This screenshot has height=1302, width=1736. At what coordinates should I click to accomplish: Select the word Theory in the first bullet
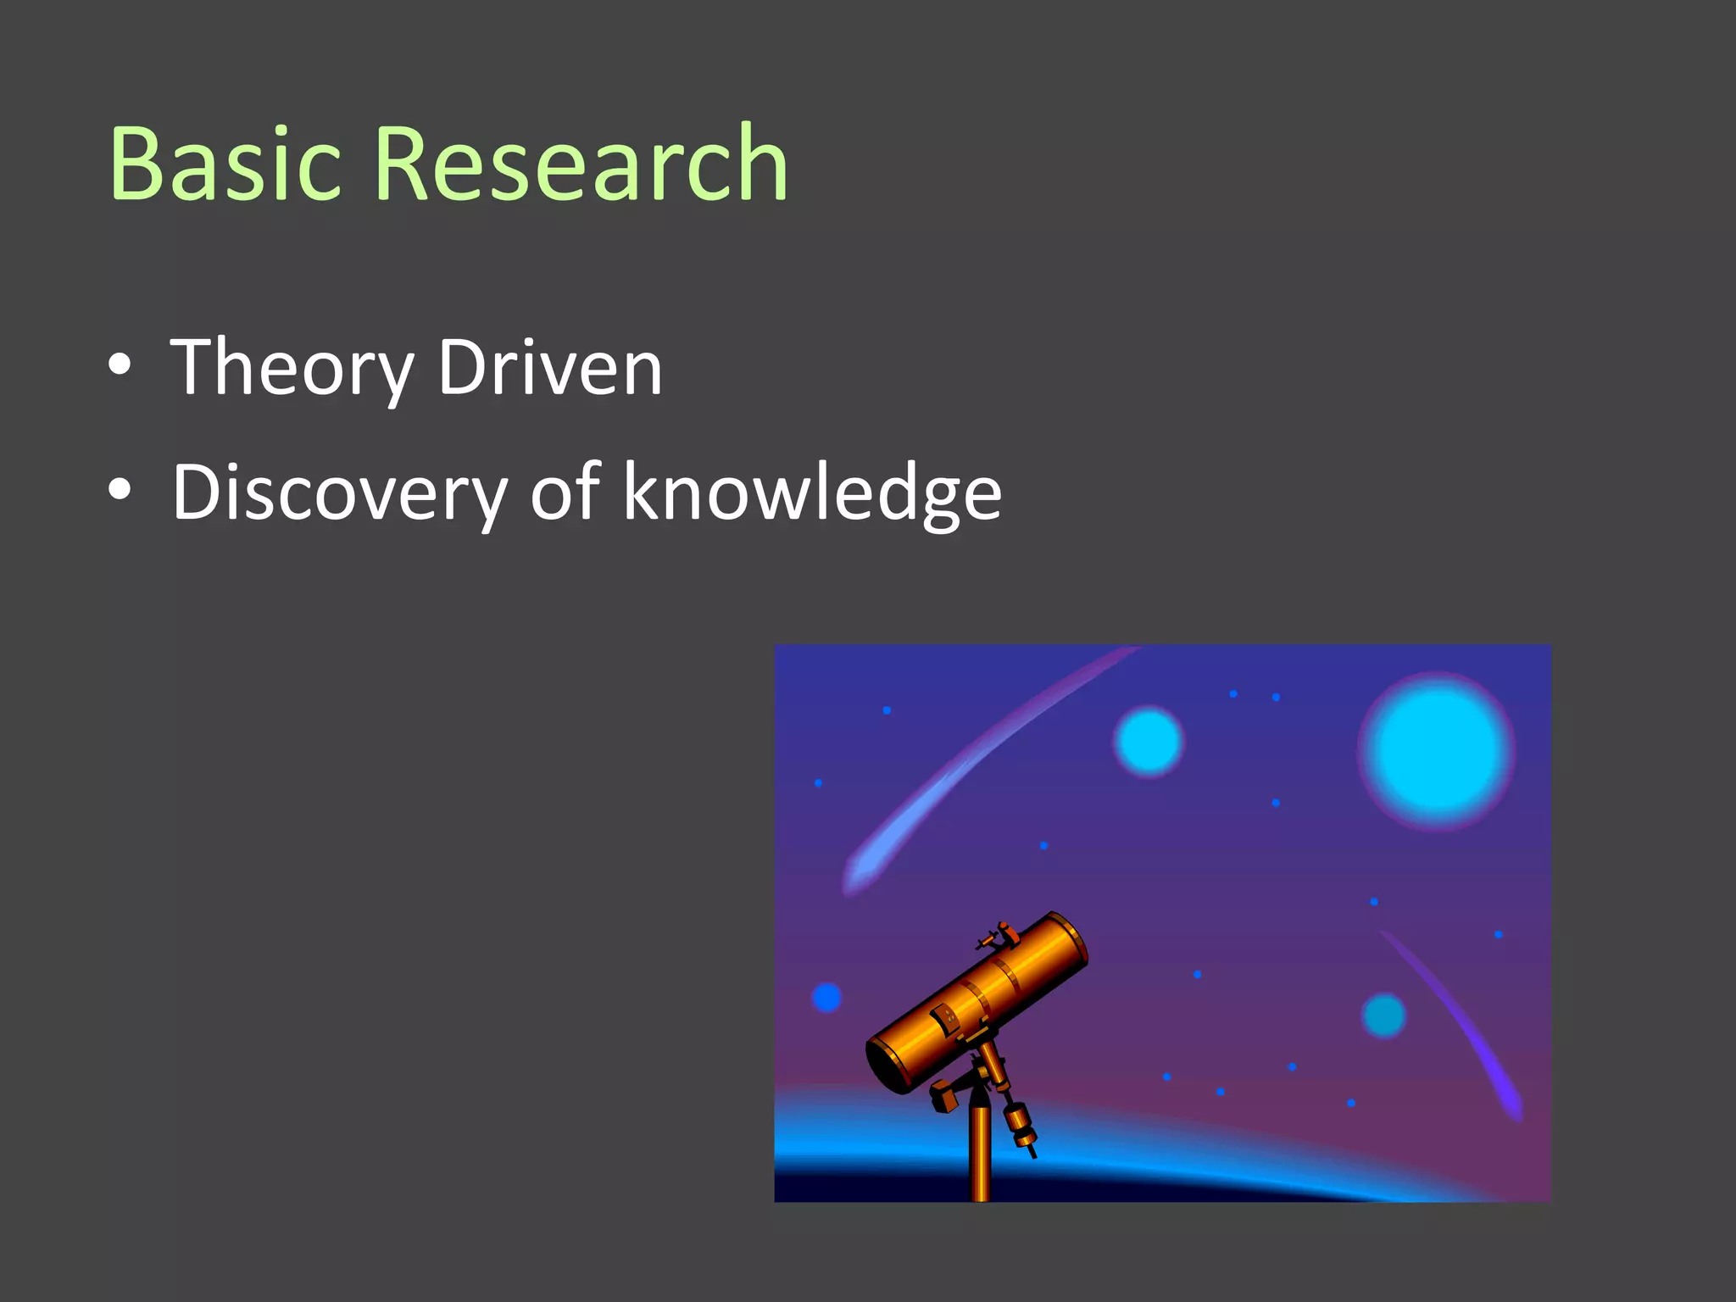pos(292,369)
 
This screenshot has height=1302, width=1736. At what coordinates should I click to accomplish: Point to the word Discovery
pos(339,492)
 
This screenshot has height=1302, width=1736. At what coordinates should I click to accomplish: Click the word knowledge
pos(812,492)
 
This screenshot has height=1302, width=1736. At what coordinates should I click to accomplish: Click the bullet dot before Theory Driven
pos(120,364)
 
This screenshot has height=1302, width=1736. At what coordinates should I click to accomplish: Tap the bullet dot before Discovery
pos(120,489)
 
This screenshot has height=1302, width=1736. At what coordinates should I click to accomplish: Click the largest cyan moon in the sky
pos(1436,751)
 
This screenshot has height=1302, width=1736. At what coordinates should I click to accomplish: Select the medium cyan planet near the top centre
pos(1149,742)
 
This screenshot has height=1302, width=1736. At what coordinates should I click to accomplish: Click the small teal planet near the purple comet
pos(1383,1015)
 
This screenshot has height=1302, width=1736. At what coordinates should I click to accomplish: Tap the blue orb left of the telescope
pos(826,997)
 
